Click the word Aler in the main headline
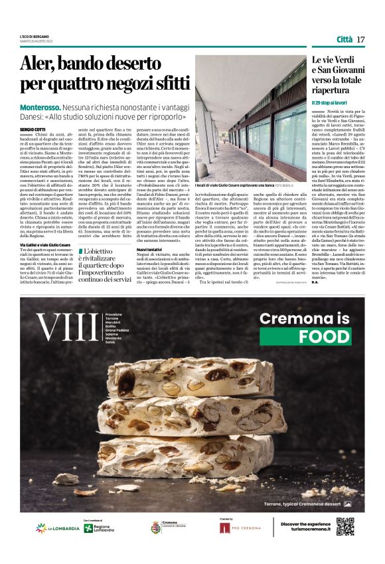point(38,65)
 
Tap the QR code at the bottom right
point(345,526)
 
